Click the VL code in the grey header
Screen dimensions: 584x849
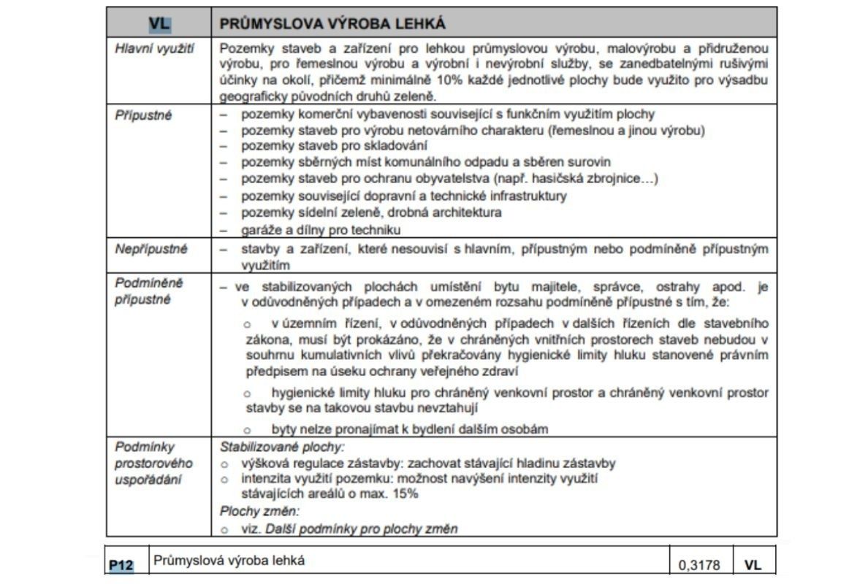[x=159, y=24]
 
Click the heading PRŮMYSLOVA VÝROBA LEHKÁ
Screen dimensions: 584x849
[x=332, y=24]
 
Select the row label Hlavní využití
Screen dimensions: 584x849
[x=148, y=49]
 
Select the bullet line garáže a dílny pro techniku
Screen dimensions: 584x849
[x=321, y=230]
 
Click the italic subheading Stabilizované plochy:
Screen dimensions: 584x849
[x=281, y=446]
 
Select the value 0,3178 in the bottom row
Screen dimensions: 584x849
[x=699, y=564]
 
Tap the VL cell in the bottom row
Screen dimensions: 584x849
[x=753, y=564]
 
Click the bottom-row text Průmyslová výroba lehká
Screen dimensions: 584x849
[x=229, y=561]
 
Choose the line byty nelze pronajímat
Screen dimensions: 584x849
[x=409, y=429]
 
